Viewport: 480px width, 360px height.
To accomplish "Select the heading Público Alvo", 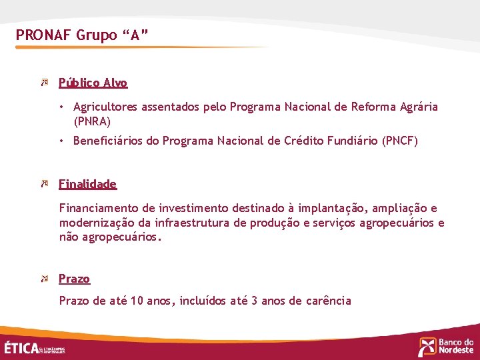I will pos(93,83).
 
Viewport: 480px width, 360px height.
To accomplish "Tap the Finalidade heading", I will pos(87,184).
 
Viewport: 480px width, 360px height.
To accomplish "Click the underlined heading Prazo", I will pos(74,279).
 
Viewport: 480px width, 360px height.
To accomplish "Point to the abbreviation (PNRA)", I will pos(92,121).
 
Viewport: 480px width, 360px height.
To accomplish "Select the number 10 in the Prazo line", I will pos(137,301).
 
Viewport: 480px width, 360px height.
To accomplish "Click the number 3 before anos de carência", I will pos(254,301).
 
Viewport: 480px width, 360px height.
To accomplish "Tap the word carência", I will pos(328,301).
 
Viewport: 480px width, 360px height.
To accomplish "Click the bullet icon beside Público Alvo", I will pos(44,83).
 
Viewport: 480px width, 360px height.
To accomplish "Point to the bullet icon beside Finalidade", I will pos(44,183).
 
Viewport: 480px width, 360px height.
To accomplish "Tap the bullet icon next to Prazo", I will pos(44,278).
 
